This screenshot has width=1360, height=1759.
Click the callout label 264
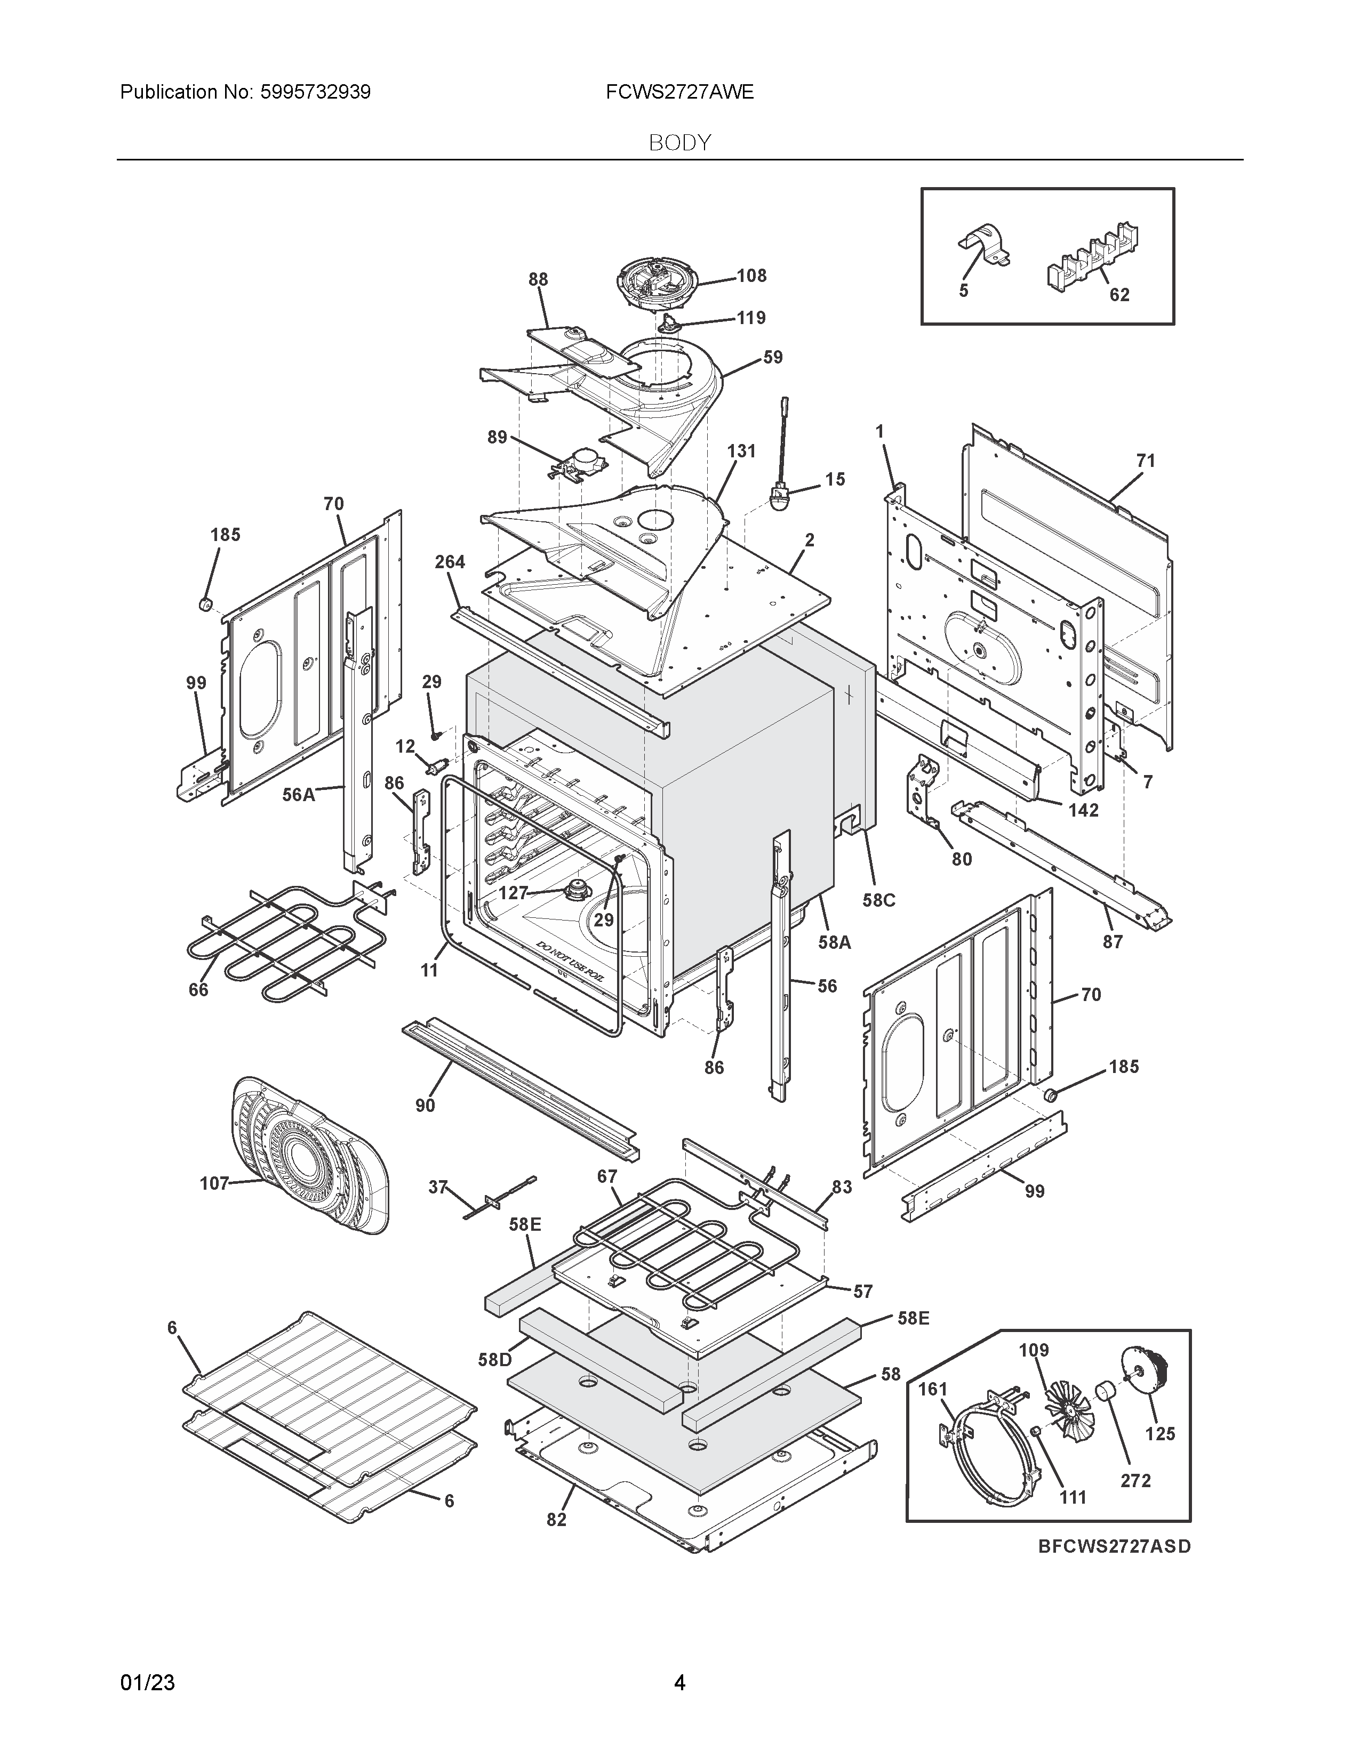coord(450,562)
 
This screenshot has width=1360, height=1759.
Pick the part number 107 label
coord(214,1183)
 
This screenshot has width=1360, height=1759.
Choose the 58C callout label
coord(879,900)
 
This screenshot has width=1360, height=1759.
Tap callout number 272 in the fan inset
coord(1135,1480)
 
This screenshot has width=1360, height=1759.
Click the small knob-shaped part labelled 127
coord(576,889)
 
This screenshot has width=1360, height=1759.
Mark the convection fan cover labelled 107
coord(310,1154)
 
